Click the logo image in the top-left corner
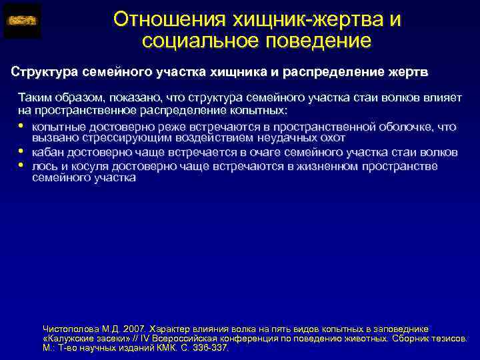[22, 21]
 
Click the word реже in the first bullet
[143, 126]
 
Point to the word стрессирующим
[121, 138]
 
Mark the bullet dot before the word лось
[22, 165]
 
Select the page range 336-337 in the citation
[210, 347]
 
